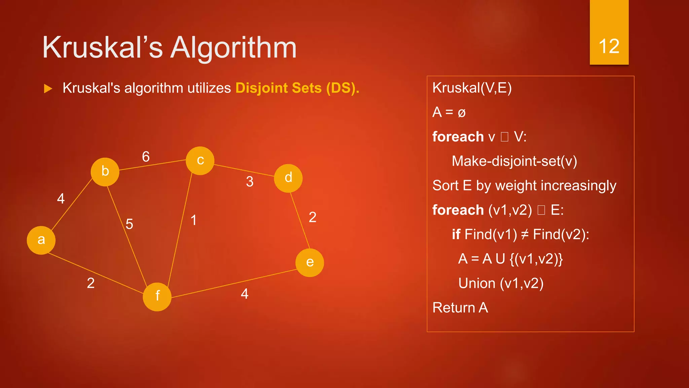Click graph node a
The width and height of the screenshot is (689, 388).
point(41,240)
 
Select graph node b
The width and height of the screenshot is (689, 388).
point(105,172)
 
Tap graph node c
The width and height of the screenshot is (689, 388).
point(200,161)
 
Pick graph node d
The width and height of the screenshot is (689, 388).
point(288,178)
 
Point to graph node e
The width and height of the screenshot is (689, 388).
point(310,263)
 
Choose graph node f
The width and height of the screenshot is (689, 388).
point(157,297)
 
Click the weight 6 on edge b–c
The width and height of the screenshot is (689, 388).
point(146,157)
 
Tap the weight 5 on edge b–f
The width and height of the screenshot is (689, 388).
point(129,224)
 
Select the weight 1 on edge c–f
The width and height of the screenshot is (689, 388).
point(193,220)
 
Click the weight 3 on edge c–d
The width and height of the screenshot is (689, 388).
point(250,182)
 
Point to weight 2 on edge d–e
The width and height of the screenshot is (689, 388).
point(313,217)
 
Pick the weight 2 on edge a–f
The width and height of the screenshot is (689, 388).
point(90,283)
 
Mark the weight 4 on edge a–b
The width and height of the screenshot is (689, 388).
point(61,198)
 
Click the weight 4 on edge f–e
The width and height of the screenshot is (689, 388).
point(245,294)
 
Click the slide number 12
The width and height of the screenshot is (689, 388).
point(609,46)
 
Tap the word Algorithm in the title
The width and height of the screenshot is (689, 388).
point(233,48)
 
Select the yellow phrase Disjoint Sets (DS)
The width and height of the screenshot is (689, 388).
point(297,88)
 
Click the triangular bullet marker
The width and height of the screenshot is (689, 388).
point(48,89)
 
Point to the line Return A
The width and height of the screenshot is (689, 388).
point(460,308)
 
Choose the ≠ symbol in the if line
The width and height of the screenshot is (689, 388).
point(525,234)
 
